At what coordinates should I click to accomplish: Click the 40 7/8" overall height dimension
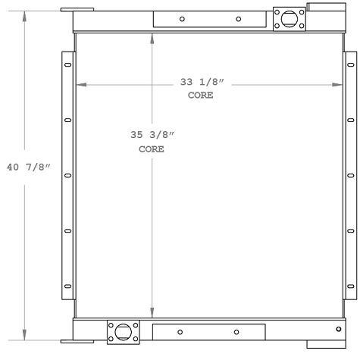[27, 167]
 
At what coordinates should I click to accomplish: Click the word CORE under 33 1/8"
[200, 96]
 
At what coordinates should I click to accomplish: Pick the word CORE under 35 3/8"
[152, 149]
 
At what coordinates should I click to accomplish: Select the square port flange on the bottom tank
[124, 331]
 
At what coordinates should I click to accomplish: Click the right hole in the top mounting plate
[237, 19]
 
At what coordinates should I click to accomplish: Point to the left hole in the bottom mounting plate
[180, 331]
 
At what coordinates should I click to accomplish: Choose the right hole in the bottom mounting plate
[236, 331]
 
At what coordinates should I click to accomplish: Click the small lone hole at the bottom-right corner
[338, 328]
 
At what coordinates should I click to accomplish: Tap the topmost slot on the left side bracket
[68, 64]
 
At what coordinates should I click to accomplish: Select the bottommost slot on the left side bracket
[68, 286]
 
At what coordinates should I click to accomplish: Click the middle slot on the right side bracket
[350, 175]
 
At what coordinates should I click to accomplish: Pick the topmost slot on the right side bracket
[350, 64]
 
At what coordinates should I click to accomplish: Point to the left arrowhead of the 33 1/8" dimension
[79, 84]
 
